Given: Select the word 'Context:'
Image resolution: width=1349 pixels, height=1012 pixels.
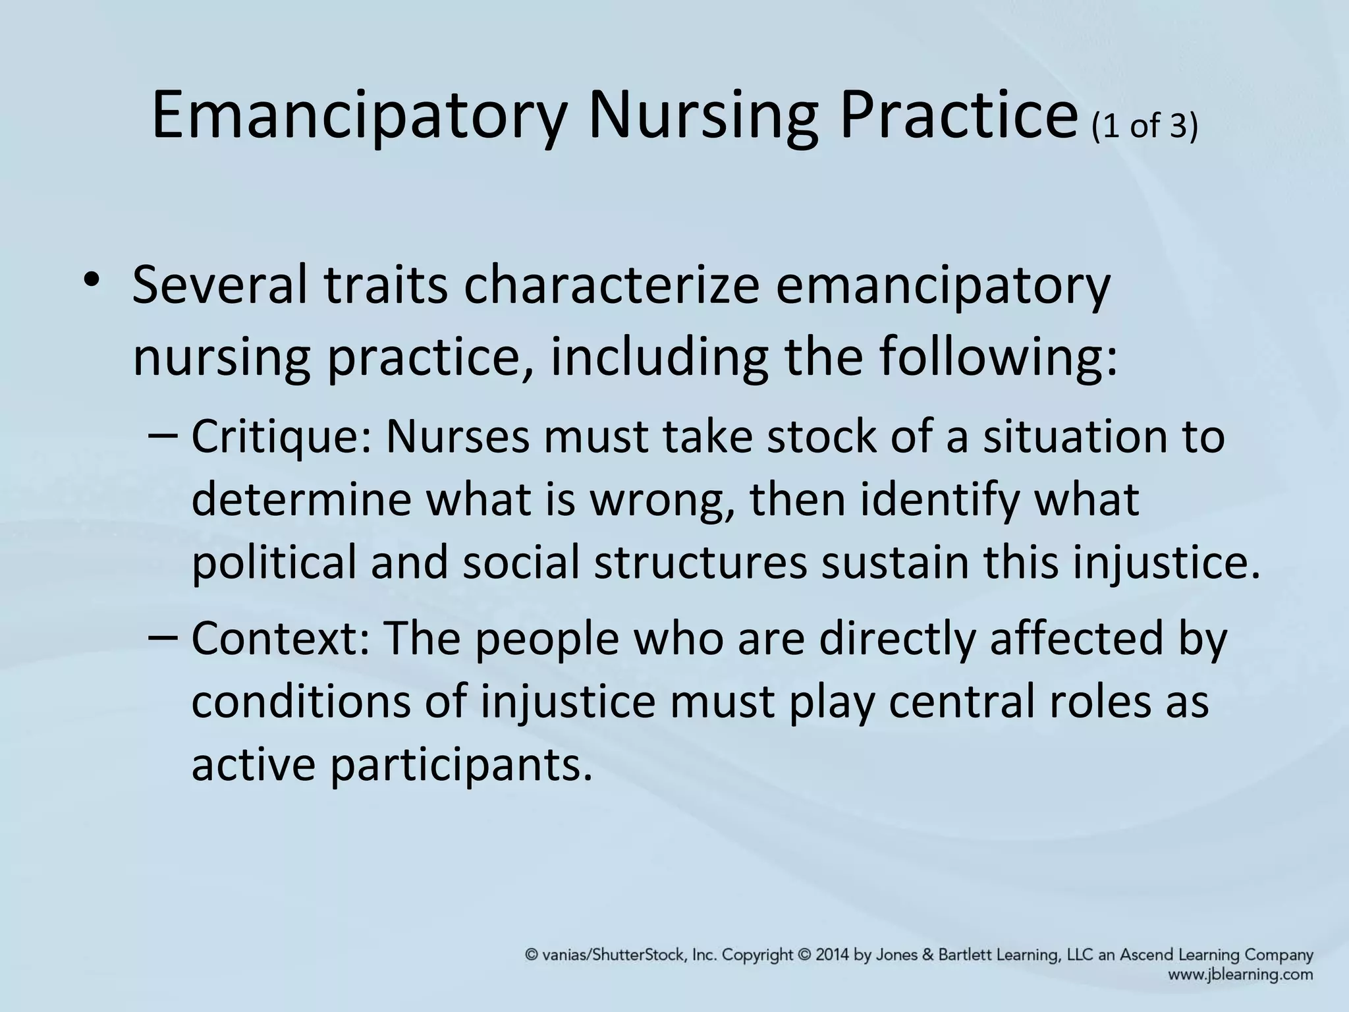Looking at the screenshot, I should coord(281,638).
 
